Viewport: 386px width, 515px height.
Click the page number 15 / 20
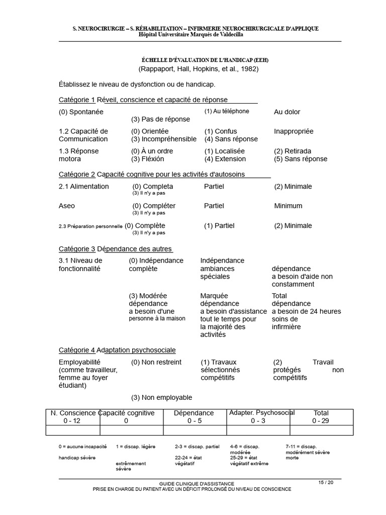(326, 482)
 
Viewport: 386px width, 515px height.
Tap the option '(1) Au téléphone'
(226, 111)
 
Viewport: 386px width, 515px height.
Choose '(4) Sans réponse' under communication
(231, 139)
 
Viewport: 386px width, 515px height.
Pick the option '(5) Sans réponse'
(301, 159)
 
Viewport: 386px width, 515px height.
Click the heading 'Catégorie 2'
(77, 174)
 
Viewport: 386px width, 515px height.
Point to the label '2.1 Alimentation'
(83, 186)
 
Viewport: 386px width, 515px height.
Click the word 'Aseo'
(67, 206)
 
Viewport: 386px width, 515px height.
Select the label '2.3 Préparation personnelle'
(90, 226)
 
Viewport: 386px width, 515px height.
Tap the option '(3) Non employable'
(161, 397)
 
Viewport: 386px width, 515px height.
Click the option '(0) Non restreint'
(156, 362)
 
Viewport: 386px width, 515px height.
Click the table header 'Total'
(321, 413)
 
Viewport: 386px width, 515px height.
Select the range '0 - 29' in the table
(321, 420)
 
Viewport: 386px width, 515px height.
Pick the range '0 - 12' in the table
(71, 420)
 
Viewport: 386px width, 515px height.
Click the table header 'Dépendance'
(194, 413)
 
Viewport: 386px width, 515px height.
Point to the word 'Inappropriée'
(294, 131)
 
